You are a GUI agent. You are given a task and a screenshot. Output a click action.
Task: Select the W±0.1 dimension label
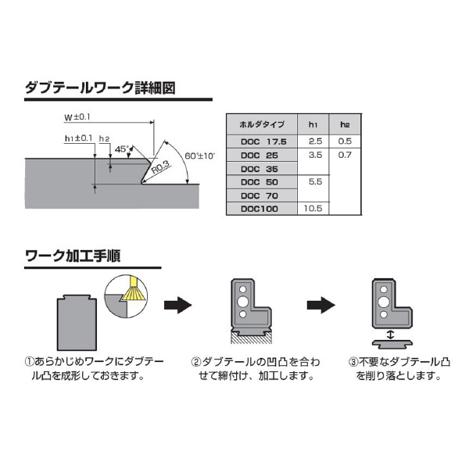tap(77, 117)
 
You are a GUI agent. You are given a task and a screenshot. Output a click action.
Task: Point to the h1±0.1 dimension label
tap(79, 138)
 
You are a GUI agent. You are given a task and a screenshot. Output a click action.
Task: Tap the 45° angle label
tap(121, 149)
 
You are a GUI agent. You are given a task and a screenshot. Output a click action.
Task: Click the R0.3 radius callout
tap(159, 166)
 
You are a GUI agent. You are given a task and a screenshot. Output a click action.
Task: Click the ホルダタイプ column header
tap(262, 124)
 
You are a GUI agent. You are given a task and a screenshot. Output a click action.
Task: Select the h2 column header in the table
tap(345, 124)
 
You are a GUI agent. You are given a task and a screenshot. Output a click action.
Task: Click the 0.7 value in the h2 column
tap(345, 155)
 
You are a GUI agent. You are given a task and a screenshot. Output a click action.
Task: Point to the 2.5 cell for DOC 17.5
tap(315, 141)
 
